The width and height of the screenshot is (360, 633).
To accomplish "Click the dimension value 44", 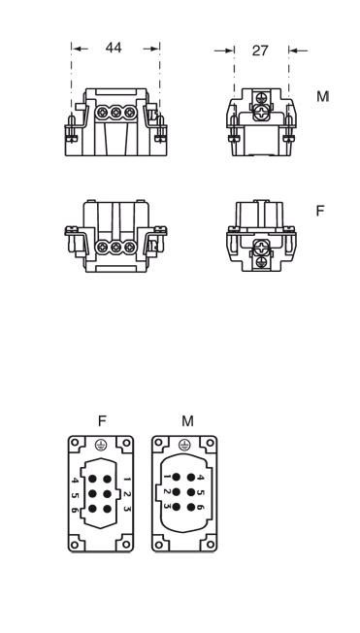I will (x=114, y=48).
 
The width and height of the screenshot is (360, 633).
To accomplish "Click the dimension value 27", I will (x=260, y=50).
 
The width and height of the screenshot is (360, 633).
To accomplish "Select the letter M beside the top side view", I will (x=322, y=97).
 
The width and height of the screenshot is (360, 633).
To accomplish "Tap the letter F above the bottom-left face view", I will (x=101, y=420).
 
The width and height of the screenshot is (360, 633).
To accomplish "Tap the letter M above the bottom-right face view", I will (x=187, y=420).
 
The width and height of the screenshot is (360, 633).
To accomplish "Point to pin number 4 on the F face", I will (x=76, y=479).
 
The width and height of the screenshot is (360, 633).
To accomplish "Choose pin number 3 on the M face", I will (x=167, y=506).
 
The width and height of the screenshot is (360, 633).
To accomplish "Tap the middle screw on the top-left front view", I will (x=115, y=114).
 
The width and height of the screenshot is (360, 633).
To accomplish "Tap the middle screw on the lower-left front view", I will (x=115, y=248).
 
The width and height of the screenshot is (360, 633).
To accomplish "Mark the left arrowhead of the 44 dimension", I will (x=77, y=48).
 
